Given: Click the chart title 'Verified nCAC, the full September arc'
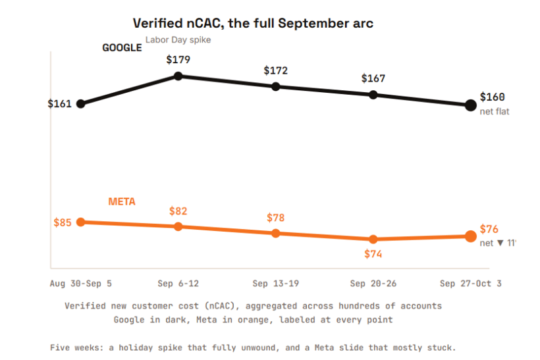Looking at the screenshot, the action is [x=253, y=24].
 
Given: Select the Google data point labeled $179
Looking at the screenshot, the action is [x=178, y=76].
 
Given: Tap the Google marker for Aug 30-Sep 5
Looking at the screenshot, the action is [x=80, y=103].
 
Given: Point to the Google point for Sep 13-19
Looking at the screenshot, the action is [x=275, y=86].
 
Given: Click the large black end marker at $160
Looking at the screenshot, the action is [x=471, y=105].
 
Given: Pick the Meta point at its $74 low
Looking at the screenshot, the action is [x=373, y=239].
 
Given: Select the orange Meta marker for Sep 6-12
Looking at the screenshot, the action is [x=178, y=226].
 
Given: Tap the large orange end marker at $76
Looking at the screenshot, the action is [x=471, y=236].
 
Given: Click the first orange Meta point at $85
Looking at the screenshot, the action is [x=80, y=222].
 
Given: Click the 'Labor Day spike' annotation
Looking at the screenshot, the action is [x=178, y=40].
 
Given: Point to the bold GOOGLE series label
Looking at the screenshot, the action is [x=122, y=47].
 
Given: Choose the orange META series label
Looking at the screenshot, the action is [x=122, y=201].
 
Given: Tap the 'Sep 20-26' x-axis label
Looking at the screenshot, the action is [x=373, y=284].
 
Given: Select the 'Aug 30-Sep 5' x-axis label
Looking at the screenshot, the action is [x=81, y=284].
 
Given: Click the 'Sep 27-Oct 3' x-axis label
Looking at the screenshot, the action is [x=470, y=284].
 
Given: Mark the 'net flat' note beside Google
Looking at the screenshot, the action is [x=494, y=111].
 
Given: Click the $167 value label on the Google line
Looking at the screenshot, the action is [x=373, y=78].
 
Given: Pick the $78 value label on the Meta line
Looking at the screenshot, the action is [x=275, y=218].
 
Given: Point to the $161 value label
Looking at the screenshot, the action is [x=59, y=103].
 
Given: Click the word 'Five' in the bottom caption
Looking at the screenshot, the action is [x=59, y=347].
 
